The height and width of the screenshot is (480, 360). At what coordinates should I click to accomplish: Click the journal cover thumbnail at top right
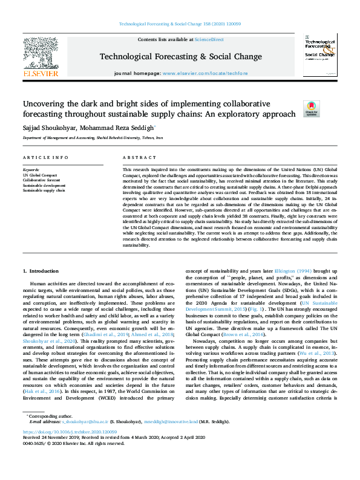pyautogui.click(x=319, y=58)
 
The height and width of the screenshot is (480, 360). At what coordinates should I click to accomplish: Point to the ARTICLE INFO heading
pyautogui.click(x=45, y=158)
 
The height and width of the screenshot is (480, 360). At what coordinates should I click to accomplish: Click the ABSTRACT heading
pyautogui.click(x=135, y=158)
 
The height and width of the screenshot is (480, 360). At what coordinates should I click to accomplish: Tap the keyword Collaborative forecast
pyautogui.click(x=42, y=180)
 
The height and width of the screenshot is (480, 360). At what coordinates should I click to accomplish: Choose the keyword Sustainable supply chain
pyautogui.click(x=44, y=190)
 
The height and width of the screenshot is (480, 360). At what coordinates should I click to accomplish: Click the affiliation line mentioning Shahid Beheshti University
pyautogui.click(x=93, y=137)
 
